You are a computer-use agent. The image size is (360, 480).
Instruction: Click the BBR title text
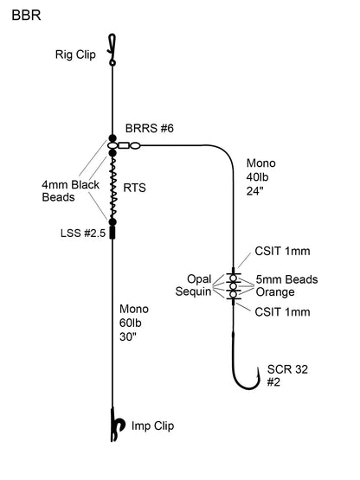click(x=24, y=16)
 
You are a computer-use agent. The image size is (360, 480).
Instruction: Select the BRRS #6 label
click(x=154, y=128)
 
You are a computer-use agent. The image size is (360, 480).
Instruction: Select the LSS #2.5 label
click(x=76, y=234)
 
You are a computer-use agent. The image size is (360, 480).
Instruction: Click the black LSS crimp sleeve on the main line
click(x=112, y=232)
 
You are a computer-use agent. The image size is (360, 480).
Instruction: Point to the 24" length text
click(x=256, y=193)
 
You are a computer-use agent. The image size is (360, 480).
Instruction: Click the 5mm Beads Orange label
click(x=286, y=285)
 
